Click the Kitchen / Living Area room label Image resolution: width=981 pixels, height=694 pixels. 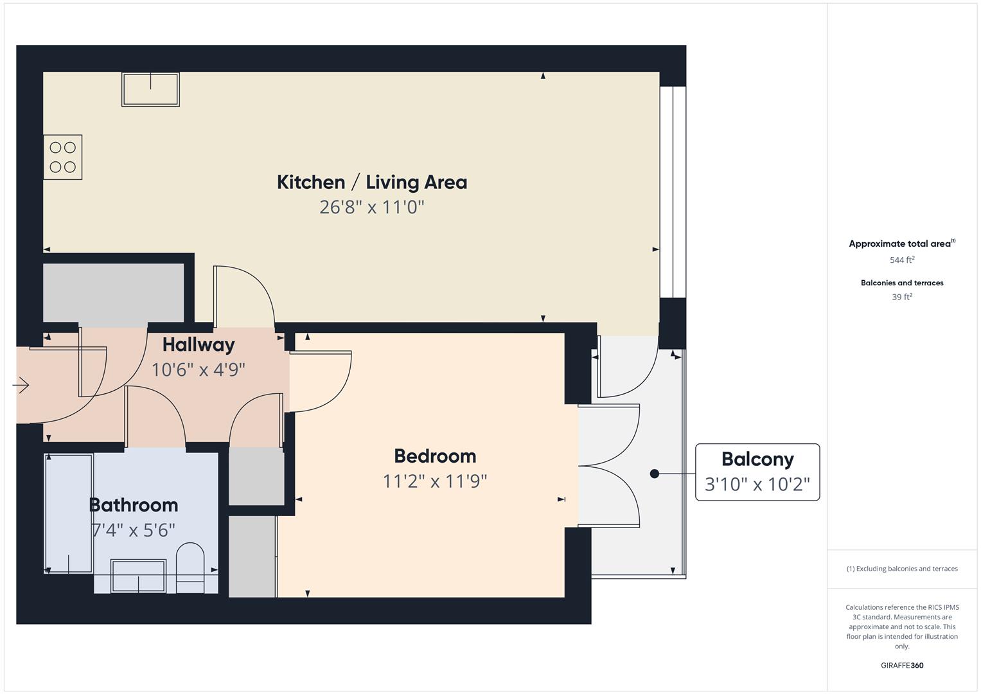pyautogui.click(x=372, y=182)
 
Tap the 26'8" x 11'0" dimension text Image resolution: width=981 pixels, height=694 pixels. pyautogui.click(x=372, y=207)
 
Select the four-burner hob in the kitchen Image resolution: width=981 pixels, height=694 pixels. pyautogui.click(x=62, y=157)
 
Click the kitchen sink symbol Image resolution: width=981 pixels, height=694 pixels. pyautogui.click(x=151, y=89)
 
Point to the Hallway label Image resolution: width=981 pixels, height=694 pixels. pyautogui.click(x=199, y=345)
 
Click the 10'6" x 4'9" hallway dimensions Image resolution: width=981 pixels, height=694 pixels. pyautogui.click(x=198, y=369)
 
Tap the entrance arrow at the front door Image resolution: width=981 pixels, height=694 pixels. pyautogui.click(x=21, y=385)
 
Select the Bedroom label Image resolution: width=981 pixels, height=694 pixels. pyautogui.click(x=435, y=456)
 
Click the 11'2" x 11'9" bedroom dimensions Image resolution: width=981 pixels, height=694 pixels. pyautogui.click(x=435, y=481)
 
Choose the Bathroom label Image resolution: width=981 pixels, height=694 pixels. pyautogui.click(x=134, y=505)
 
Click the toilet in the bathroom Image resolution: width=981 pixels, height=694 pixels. pyautogui.click(x=190, y=568)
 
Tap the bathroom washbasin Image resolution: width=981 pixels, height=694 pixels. pyautogui.click(x=138, y=576)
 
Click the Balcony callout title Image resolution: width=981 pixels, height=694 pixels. pyautogui.click(x=757, y=459)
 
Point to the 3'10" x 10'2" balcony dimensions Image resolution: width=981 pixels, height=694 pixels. pyautogui.click(x=757, y=484)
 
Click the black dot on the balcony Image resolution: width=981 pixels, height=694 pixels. pyautogui.click(x=654, y=474)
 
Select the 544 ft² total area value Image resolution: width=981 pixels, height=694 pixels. pyautogui.click(x=902, y=260)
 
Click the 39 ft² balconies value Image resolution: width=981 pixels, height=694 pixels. pyautogui.click(x=902, y=297)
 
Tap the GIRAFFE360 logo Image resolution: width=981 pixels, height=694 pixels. pyautogui.click(x=902, y=665)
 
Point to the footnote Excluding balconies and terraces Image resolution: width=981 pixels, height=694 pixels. pyautogui.click(x=902, y=569)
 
